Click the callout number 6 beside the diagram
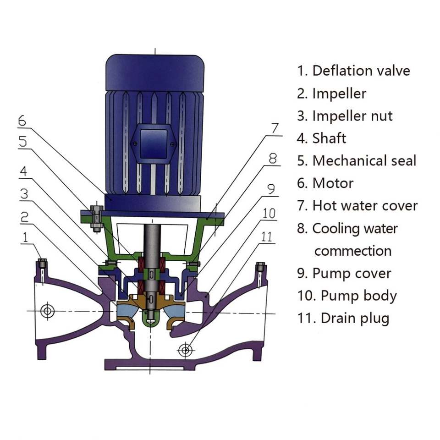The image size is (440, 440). click(22, 121)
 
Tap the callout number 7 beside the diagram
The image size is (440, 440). click(275, 129)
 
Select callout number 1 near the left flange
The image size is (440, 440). click(26, 237)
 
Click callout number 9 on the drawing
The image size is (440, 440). click(270, 189)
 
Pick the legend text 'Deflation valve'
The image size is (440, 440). click(361, 71)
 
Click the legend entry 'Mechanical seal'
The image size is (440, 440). click(364, 161)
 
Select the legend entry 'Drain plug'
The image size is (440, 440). click(355, 318)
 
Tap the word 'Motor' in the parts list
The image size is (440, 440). click(333, 183)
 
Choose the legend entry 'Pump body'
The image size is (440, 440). click(358, 296)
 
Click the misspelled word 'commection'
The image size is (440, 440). click(352, 251)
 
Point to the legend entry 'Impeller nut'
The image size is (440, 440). click(352, 116)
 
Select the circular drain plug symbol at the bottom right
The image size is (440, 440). click(185, 351)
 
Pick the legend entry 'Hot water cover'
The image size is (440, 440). click(365, 206)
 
